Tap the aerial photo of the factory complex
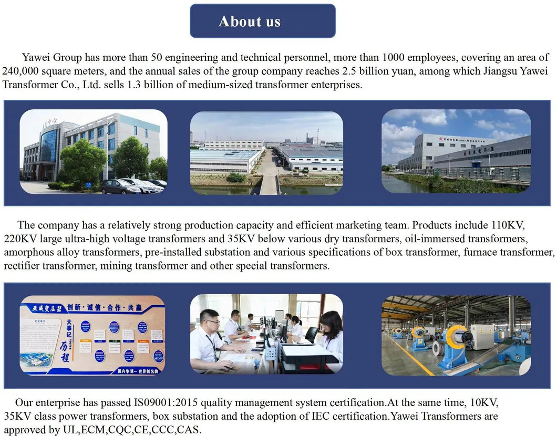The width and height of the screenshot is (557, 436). click(x=266, y=152)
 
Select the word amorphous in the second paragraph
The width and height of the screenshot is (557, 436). click(x=26, y=252)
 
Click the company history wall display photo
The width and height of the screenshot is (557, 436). click(x=92, y=335)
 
